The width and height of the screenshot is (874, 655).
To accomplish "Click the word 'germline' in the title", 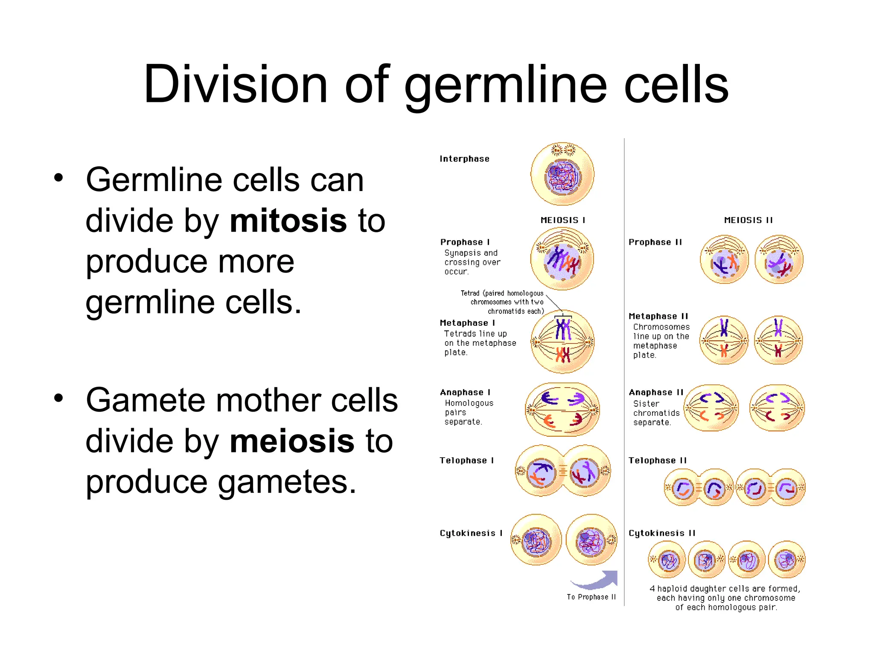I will pos(505,85).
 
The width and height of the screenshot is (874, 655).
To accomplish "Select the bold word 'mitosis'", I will pos(288,221).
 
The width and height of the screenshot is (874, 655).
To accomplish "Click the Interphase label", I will pos(464,159).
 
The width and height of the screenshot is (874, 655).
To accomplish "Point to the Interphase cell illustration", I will pos(562,174).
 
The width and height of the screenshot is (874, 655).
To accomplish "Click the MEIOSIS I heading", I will pos(562,220).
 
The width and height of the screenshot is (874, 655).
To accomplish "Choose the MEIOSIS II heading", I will pos(748,220).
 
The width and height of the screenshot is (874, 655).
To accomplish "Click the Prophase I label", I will pos(465,242).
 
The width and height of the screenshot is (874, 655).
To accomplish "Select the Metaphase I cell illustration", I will pos(562,342).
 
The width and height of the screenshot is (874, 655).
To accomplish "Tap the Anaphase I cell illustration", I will pos(562,409).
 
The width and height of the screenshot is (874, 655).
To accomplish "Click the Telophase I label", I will pos(466,461).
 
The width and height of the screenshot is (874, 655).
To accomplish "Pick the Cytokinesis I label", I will pos(471,533).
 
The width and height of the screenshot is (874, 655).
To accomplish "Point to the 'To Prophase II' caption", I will pos(591,597).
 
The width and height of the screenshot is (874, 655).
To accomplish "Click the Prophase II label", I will pos(655,242).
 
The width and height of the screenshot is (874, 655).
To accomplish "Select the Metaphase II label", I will pos(658,316).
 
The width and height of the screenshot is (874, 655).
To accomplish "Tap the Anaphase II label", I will pos(656,392).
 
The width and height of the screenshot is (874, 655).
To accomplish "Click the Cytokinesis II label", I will pos(661,533).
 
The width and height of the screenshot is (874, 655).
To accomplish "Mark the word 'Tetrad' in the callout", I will pos(470,293).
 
